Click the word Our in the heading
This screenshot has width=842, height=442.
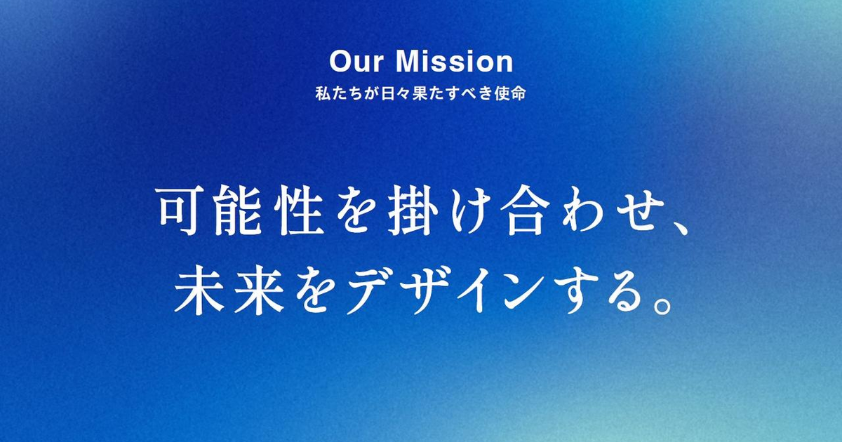click(x=356, y=62)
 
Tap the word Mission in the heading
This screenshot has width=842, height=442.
click(x=455, y=62)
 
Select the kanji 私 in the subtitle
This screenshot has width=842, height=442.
click(x=323, y=93)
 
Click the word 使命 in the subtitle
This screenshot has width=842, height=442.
click(x=510, y=93)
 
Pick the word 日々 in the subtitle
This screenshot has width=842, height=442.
click(x=396, y=93)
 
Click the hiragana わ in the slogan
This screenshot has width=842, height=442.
click(x=581, y=211)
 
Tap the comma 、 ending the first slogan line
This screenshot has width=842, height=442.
click(x=679, y=228)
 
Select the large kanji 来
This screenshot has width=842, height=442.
click(x=259, y=290)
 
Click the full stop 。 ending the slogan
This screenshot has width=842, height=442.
click(x=661, y=304)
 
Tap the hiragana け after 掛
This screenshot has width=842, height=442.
click(x=469, y=211)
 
